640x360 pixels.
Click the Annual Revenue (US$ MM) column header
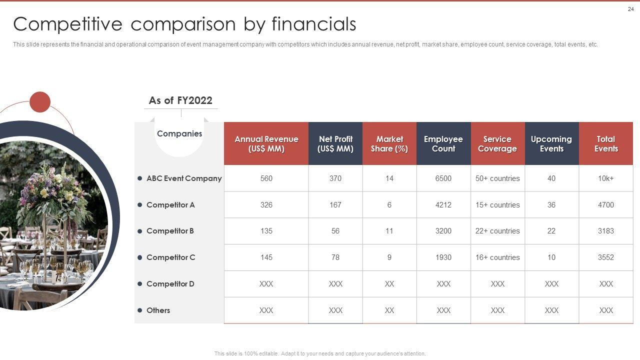[266, 143]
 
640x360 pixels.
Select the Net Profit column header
[335, 143]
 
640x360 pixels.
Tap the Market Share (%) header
[389, 143]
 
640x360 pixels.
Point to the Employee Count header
[443, 143]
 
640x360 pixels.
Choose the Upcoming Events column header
[551, 143]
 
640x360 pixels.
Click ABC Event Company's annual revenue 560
[266, 178]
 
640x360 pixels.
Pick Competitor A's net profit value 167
[335, 205]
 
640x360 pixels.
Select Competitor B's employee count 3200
[443, 231]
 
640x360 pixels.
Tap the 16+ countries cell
[497, 257]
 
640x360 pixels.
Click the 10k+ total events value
[606, 178]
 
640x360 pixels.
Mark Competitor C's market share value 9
[389, 257]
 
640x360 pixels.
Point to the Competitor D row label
[170, 283]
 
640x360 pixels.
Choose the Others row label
[158, 310]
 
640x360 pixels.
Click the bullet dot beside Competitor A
[139, 205]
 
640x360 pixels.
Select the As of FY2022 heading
[180, 100]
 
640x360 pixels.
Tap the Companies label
[179, 133]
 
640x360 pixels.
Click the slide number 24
[630, 9]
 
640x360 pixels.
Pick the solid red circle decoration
[40, 102]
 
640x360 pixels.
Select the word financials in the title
[313, 24]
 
